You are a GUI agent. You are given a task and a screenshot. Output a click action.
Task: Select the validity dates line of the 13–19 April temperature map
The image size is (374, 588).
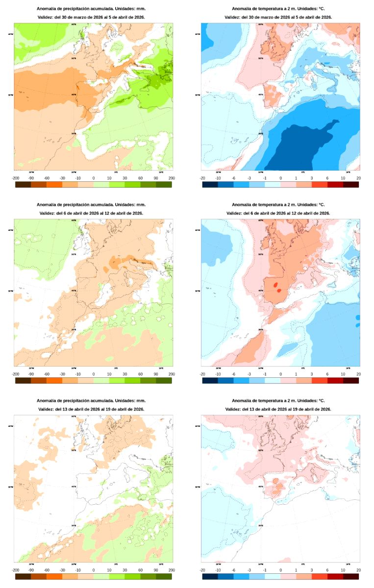(x=278, y=409)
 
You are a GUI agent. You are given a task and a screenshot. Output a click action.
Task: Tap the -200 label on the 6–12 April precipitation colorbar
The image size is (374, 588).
(x=15, y=374)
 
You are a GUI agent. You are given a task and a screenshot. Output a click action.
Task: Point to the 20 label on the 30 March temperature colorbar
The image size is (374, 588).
(x=359, y=178)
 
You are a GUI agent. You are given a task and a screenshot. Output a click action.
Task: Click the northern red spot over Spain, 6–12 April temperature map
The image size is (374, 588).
(x=275, y=284)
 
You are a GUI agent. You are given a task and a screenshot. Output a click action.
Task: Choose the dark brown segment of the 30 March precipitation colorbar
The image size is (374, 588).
(x=23, y=184)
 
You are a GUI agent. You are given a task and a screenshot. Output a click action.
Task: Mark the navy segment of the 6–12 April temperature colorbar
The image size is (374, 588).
(x=210, y=380)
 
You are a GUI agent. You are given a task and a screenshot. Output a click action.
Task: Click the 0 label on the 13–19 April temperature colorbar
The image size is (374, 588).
(x=280, y=570)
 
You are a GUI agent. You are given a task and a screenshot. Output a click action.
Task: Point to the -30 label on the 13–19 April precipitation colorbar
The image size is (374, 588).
(x=62, y=570)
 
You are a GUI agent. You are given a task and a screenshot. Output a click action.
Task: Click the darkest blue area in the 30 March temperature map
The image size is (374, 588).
(x=294, y=147)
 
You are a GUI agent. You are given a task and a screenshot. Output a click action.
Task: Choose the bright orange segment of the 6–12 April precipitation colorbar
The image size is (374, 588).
(x=54, y=380)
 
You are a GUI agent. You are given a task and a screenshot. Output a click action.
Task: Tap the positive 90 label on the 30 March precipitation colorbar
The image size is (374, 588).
(x=156, y=178)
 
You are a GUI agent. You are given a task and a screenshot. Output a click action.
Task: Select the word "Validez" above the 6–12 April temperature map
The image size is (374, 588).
(x=233, y=213)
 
